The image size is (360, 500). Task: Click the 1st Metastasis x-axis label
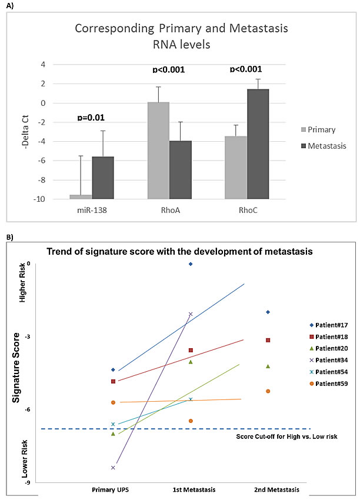click(194, 489)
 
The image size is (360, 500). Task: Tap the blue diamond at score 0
click(191, 264)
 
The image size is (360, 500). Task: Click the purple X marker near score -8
click(112, 468)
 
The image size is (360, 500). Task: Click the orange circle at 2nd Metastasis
click(268, 391)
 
